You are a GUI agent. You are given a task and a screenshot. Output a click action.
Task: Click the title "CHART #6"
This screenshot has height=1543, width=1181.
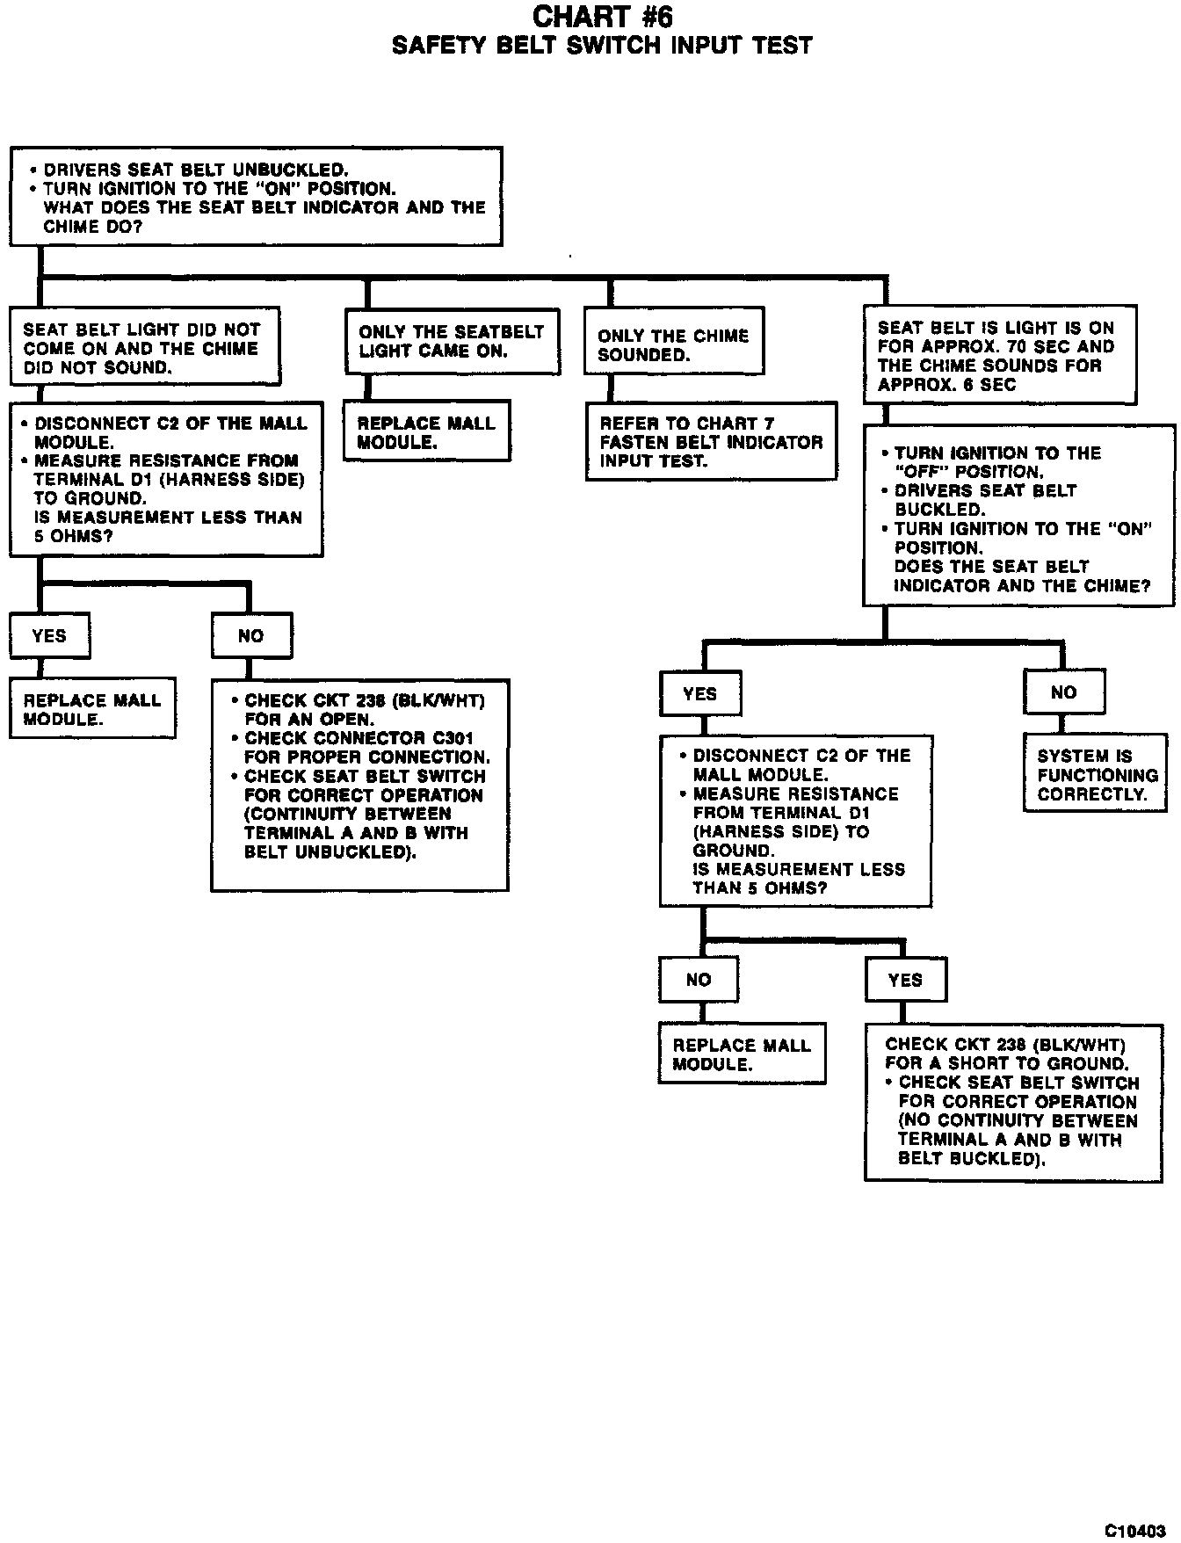[602, 17]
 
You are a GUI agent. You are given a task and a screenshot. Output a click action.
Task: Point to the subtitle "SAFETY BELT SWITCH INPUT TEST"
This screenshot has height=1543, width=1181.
[602, 46]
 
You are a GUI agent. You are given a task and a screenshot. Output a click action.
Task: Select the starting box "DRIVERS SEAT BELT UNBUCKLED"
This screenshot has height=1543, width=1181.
[256, 196]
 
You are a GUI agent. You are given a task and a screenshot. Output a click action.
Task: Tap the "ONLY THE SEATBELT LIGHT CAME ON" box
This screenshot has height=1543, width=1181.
[452, 342]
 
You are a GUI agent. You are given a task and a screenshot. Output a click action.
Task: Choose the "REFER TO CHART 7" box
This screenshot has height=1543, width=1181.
[711, 441]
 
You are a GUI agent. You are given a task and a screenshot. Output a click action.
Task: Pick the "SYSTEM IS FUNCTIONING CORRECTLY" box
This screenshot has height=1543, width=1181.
[1096, 775]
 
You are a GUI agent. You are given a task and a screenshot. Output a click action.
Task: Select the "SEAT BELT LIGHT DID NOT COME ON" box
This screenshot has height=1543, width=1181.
[145, 347]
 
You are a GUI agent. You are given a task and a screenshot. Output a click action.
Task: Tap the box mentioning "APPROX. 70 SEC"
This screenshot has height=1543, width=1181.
[1000, 355]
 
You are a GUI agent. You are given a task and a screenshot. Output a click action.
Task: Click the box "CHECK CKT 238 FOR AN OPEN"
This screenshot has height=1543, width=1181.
[359, 785]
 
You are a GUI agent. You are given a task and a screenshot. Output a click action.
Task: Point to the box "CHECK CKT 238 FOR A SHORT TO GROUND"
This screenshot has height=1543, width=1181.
[1013, 1102]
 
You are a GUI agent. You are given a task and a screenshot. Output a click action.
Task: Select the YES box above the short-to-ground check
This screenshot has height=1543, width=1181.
[905, 980]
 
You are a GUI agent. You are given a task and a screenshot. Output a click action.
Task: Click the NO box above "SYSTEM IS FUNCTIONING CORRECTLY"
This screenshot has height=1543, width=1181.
[1063, 692]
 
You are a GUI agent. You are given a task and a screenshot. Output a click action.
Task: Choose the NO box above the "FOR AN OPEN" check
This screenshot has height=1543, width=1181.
[251, 635]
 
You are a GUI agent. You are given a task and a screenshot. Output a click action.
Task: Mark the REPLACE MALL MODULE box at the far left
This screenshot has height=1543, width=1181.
[92, 709]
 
